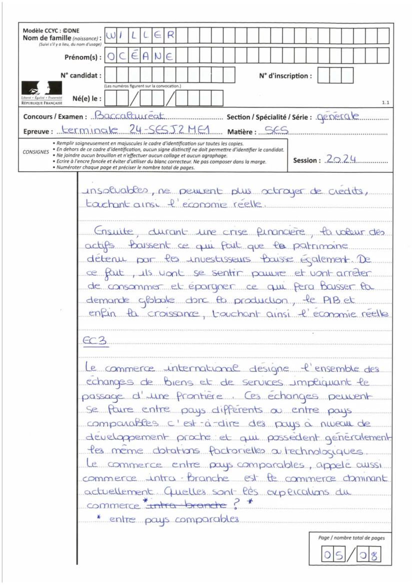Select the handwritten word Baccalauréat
(123, 117)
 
